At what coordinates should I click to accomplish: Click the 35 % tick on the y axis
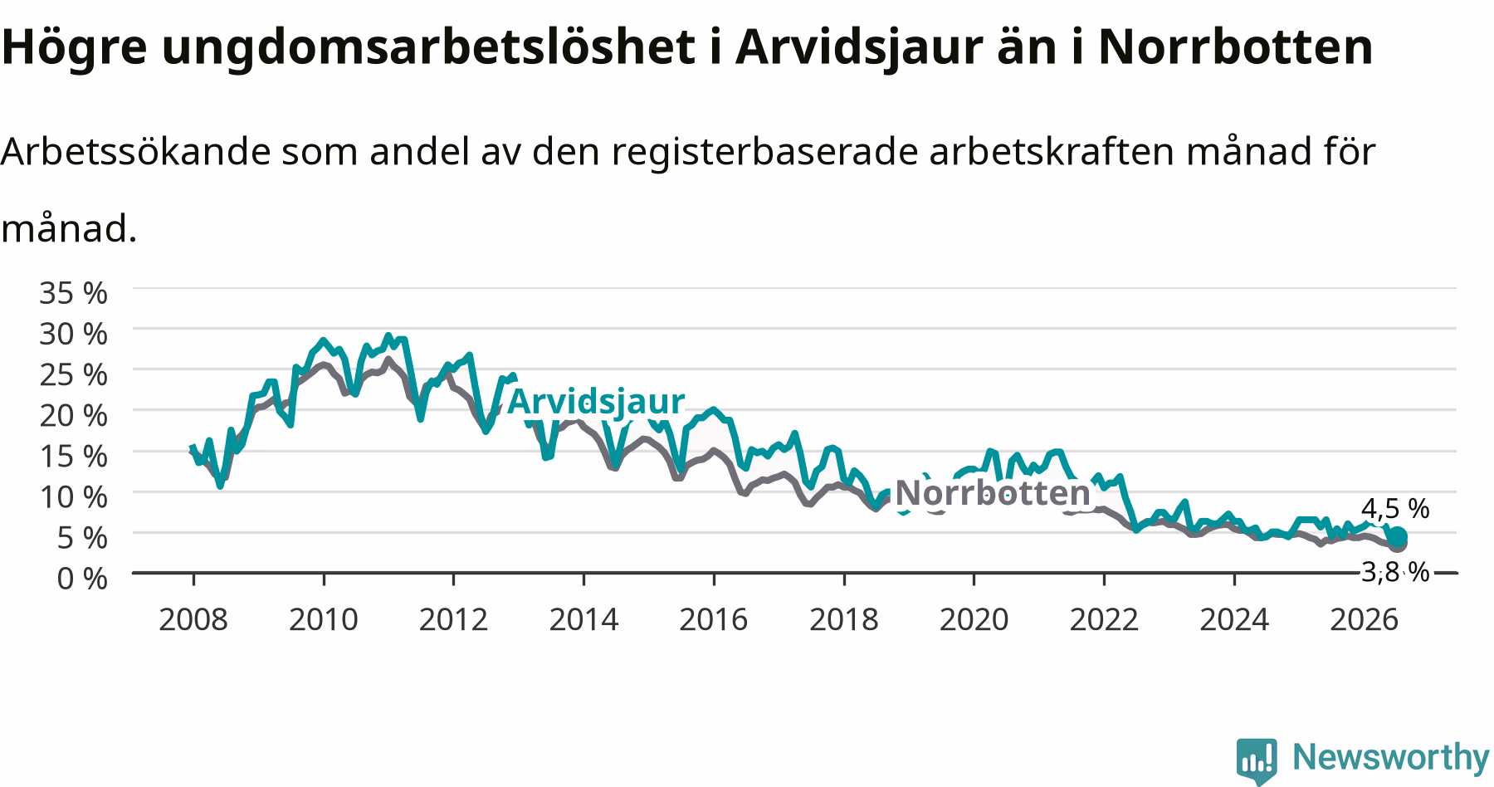click(74, 292)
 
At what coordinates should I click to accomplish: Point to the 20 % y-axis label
click(74, 414)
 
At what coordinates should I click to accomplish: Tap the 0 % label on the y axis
click(82, 578)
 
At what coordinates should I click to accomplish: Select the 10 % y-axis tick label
click(74, 496)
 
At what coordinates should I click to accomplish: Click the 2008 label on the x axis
click(193, 619)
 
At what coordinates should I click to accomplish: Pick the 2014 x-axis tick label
click(583, 619)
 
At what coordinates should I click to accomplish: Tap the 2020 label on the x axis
click(974, 619)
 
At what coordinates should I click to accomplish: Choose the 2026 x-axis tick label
click(1364, 619)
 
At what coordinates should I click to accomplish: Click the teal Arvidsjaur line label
click(596, 401)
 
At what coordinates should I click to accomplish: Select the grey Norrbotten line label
click(993, 493)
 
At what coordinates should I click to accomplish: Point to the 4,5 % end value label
click(1395, 508)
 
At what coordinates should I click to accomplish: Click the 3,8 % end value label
click(1395, 571)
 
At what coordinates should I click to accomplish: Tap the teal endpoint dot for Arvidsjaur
click(1398, 536)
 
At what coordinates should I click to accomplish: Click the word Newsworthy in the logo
click(1391, 757)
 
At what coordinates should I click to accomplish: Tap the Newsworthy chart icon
click(1257, 760)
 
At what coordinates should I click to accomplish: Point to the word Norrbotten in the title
click(1236, 48)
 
